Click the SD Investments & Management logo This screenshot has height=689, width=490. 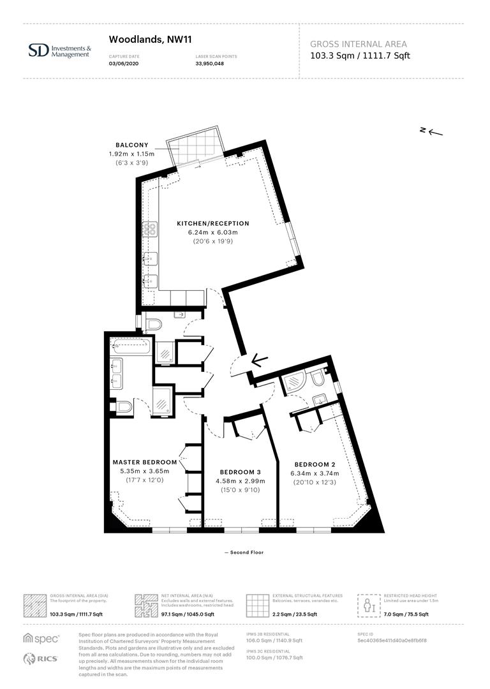[x=60, y=50]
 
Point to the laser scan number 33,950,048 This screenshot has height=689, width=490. [x=209, y=63]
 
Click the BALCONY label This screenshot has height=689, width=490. [x=132, y=145]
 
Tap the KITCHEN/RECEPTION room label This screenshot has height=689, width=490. [x=212, y=223]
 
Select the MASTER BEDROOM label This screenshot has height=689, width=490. [x=144, y=462]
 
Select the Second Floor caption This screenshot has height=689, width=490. [x=244, y=552]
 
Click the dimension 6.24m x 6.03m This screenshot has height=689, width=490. [x=212, y=232]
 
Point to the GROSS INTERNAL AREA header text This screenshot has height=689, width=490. [x=358, y=44]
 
